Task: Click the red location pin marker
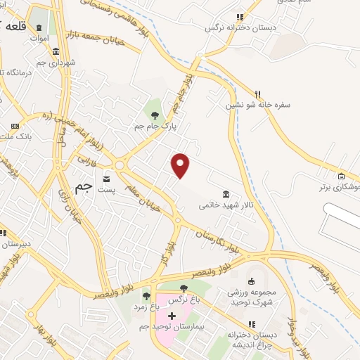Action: click(x=181, y=165)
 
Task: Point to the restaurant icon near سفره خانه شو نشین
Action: click(x=258, y=94)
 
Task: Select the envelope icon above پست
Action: click(x=107, y=178)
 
